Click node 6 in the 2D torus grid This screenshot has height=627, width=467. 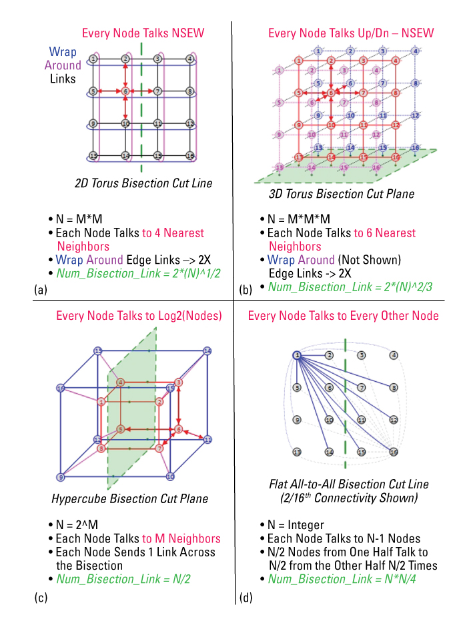125,91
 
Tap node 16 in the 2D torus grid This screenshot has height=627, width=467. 190,156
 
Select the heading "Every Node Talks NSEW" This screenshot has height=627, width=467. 143,33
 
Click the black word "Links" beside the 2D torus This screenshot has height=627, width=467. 63,79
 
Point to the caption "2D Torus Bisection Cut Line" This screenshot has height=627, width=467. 144,183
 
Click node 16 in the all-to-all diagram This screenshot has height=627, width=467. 394,452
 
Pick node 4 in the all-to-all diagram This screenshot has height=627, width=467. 394,355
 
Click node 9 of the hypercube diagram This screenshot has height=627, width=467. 61,477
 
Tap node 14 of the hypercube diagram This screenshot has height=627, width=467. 207,350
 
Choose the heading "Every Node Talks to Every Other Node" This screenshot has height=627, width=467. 344,315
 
